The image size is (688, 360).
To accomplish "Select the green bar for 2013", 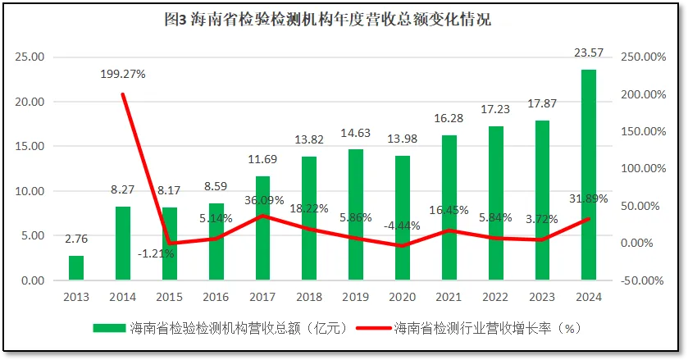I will click(76, 268).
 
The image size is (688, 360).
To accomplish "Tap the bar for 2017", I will click(262, 228).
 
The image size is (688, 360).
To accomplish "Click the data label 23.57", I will click(589, 53).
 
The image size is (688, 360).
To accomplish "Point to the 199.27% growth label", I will click(123, 74).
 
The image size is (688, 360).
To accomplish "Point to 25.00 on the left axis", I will click(30, 57).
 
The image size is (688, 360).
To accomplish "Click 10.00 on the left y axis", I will click(30, 191).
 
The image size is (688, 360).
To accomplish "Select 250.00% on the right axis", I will click(642, 57).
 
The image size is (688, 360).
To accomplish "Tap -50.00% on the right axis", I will click(642, 280).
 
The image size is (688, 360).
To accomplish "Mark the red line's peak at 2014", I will click(123, 93).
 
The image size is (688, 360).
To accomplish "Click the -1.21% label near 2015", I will click(156, 254).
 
